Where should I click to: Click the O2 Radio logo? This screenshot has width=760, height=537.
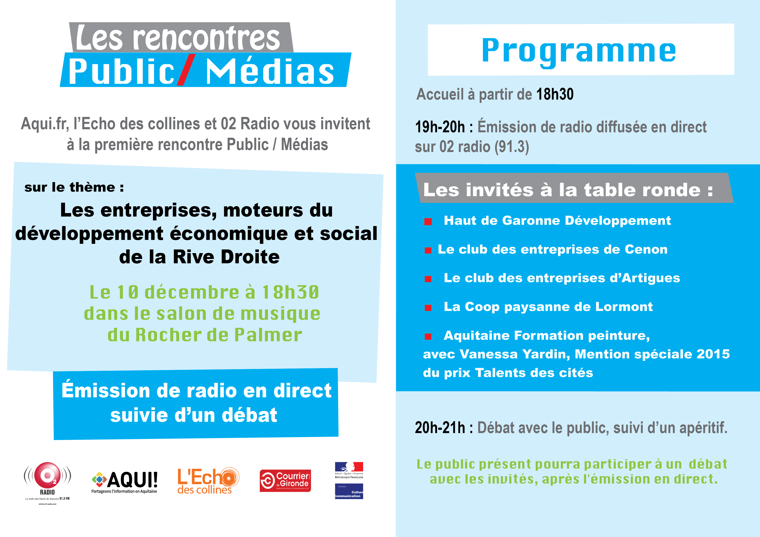(x=47, y=483)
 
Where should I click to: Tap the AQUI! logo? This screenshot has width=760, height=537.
(x=124, y=482)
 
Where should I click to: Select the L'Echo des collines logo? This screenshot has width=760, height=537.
(x=208, y=481)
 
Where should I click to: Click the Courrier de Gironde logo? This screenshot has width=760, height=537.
(x=285, y=480)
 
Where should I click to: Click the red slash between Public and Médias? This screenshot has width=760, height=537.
(x=186, y=70)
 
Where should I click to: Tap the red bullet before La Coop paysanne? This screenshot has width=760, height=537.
(x=428, y=308)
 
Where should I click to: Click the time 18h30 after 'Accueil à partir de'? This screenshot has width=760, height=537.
(x=555, y=94)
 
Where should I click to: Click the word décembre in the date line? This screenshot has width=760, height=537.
(x=192, y=292)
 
